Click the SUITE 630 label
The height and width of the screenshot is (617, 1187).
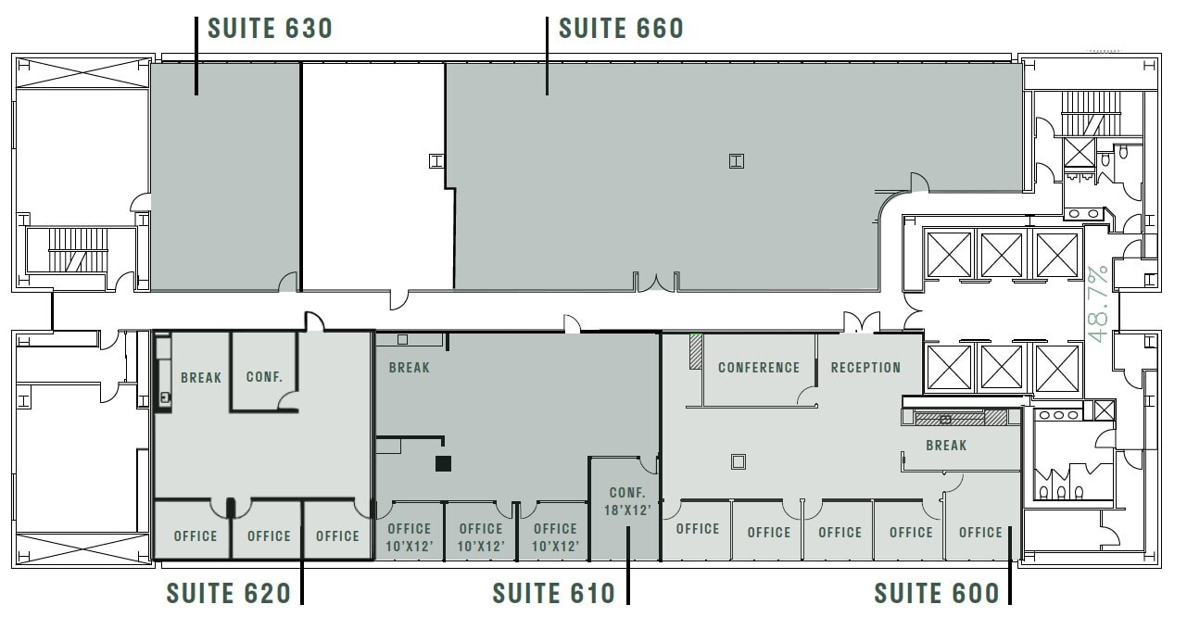[270, 29]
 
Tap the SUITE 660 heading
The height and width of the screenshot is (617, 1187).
[621, 29]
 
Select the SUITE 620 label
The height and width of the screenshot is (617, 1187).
[229, 592]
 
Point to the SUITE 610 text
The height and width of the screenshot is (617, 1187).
[553, 592]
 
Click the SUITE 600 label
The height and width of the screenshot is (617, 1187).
[937, 592]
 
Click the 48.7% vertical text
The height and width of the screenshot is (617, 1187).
[1099, 305]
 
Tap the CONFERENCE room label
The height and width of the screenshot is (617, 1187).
[758, 368]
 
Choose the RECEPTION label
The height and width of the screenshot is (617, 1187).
[865, 368]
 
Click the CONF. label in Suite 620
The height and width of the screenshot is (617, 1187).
[264, 377]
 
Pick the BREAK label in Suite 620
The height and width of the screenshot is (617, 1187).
[201, 377]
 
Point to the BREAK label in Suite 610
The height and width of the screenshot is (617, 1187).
[409, 368]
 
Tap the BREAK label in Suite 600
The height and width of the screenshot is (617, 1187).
[946, 446]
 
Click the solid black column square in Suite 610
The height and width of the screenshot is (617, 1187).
[443, 463]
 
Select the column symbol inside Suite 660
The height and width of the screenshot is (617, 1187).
[737, 161]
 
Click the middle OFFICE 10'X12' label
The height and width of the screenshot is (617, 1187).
[481, 537]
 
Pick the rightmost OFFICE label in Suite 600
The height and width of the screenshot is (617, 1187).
[980, 533]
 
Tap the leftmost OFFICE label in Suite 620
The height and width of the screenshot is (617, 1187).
[196, 535]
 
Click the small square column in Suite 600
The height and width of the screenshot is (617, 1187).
[738, 460]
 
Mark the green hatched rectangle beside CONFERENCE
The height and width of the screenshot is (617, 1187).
[695, 352]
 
